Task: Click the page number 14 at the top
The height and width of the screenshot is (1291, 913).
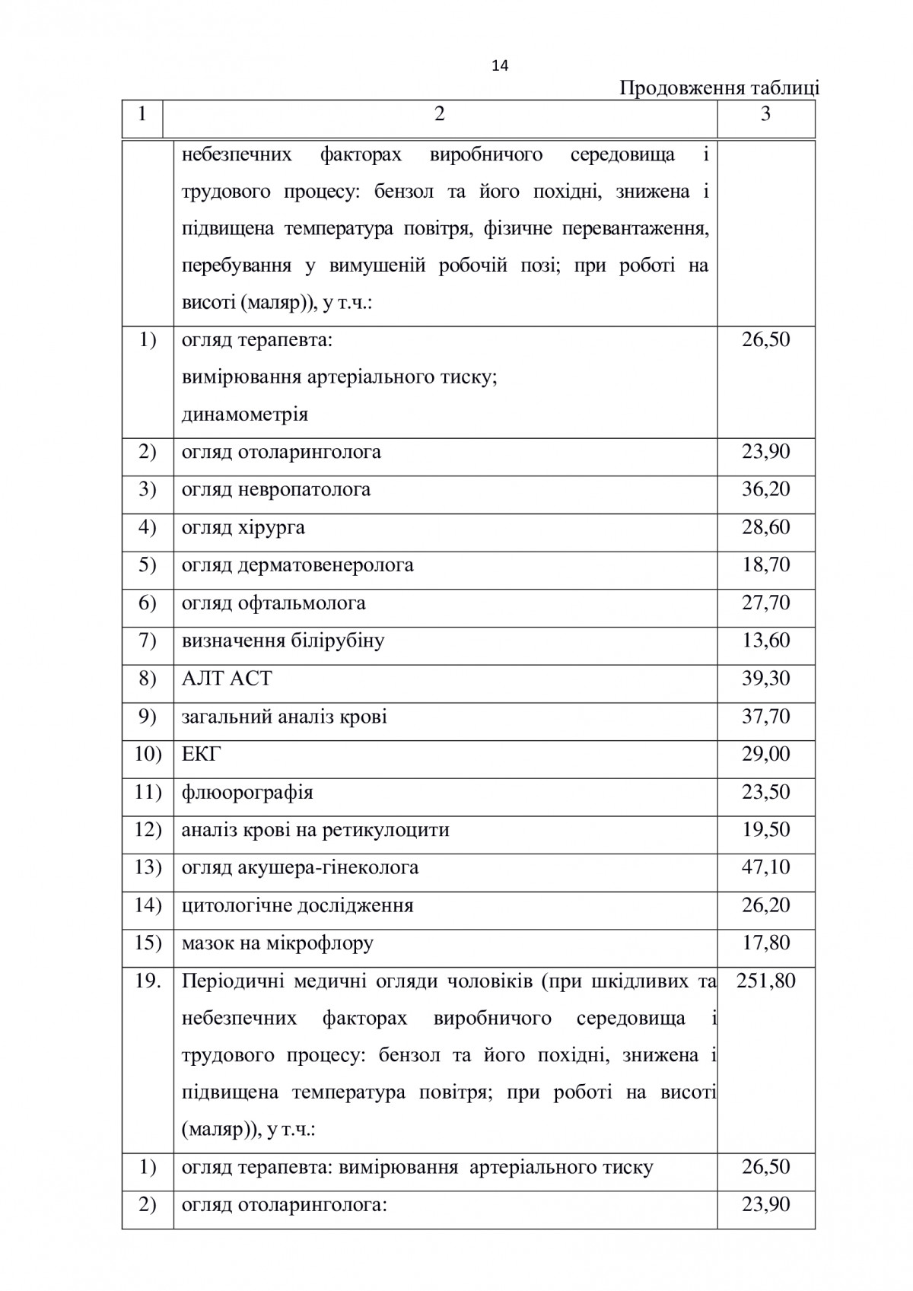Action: [x=500, y=65]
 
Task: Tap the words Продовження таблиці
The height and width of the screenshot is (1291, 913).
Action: [x=719, y=88]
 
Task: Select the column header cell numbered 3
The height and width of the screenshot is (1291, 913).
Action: [x=765, y=114]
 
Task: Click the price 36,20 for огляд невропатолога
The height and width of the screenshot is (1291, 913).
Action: [x=766, y=489]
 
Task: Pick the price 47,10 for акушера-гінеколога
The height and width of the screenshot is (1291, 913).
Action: [x=766, y=867]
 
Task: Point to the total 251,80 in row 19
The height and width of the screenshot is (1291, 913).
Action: [x=766, y=981]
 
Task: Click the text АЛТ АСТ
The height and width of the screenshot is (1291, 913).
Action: [x=227, y=679]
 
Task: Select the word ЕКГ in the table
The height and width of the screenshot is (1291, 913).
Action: [x=202, y=754]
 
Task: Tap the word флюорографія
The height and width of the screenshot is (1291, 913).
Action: [x=247, y=793]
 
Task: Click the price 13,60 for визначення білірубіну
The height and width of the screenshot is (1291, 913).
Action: [x=766, y=641]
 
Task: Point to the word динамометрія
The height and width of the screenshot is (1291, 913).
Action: [x=245, y=415]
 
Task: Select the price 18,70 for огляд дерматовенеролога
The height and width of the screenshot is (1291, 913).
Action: [x=766, y=565]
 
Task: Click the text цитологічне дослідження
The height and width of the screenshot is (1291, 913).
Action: [x=297, y=906]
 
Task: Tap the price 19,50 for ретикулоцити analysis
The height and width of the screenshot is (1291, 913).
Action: [x=766, y=830]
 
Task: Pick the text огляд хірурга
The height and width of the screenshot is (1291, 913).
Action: [x=243, y=528]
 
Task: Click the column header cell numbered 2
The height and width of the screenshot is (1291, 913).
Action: [x=439, y=114]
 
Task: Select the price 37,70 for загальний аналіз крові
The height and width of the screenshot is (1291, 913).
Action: [x=766, y=717]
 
